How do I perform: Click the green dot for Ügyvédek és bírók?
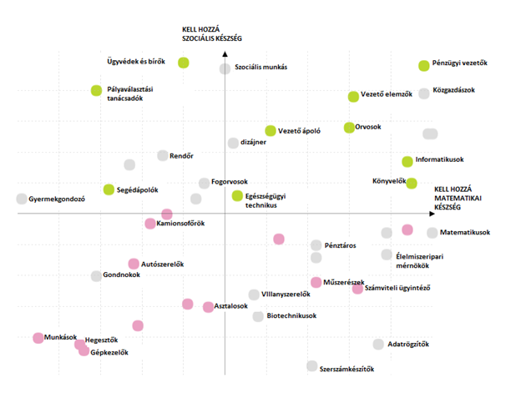tap(184, 63)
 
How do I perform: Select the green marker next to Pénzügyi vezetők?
tap(424, 65)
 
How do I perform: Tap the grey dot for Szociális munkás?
tap(225, 68)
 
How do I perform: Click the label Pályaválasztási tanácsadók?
tap(136, 93)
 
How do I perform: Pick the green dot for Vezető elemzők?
tap(353, 97)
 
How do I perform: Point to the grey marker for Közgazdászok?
tap(424, 93)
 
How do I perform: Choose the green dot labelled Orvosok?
tap(349, 128)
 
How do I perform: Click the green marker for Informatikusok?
tap(407, 161)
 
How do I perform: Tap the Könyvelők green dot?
tap(412, 183)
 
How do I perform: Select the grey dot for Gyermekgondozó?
tap(21, 199)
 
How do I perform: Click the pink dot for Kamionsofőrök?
tap(150, 224)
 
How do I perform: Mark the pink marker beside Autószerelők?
tap(134, 264)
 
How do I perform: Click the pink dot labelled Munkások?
tap(38, 338)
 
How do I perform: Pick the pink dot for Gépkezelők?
tap(83, 351)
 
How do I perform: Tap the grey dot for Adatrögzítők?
tap(378, 344)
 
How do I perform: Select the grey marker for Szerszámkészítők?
tap(311, 365)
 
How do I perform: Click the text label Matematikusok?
tap(465, 233)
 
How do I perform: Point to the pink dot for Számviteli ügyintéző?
tap(357, 289)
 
